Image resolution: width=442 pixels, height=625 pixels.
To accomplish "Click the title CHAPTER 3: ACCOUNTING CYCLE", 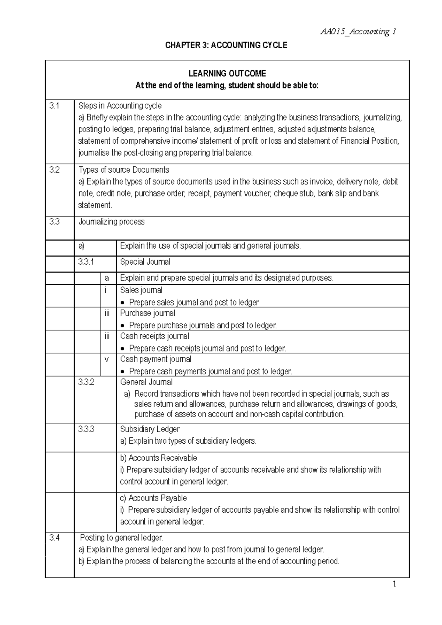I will tap(226, 45).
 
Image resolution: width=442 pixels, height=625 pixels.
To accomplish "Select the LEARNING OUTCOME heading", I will tap(227, 73).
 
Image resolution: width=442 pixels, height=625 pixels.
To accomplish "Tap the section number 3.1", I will tap(54, 106).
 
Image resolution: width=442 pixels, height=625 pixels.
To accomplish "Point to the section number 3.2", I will tap(54, 170).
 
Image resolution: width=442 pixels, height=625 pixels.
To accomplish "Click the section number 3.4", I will tap(54, 538).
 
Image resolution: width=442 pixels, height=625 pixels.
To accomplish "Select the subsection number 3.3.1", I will tap(86, 262).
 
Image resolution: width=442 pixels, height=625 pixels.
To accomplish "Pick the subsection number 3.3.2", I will tap(86, 382).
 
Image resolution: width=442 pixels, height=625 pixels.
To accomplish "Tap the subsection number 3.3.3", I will tap(86, 429).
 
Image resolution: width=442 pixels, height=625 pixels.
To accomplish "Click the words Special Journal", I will tap(145, 262).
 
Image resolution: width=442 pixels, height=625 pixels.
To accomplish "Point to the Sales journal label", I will tap(141, 290).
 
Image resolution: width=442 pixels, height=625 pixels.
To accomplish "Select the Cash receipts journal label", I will tap(154, 336).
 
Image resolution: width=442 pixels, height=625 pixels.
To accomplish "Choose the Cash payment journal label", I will tap(156, 359).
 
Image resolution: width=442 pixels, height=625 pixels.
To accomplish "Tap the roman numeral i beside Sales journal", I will tap(106, 290).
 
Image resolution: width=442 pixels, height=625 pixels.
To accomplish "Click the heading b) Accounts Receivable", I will tap(158, 458).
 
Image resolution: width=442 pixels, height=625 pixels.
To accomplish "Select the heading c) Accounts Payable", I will tap(153, 498).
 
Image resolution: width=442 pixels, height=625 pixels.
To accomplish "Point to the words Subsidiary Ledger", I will tap(150, 429).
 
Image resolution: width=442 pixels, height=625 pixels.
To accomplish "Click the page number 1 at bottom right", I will tap(394, 584).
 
